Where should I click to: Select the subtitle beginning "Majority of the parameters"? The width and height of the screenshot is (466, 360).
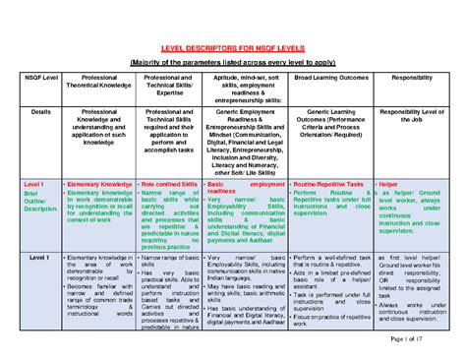[x=234, y=61]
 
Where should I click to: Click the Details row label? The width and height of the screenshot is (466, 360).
[x=40, y=113]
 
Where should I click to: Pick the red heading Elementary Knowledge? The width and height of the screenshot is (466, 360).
[x=101, y=184]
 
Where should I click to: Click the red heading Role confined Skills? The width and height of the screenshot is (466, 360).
[x=169, y=184]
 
